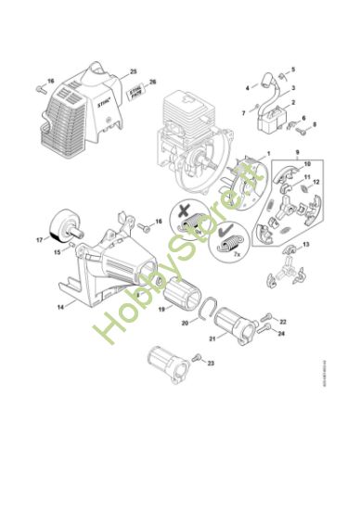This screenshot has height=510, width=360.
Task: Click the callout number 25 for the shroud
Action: pos(134,71)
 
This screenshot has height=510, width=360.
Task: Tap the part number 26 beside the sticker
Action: pos(153,81)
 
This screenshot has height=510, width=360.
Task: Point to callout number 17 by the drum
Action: pos(39,238)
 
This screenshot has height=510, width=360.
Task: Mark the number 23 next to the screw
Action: pos(211,363)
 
